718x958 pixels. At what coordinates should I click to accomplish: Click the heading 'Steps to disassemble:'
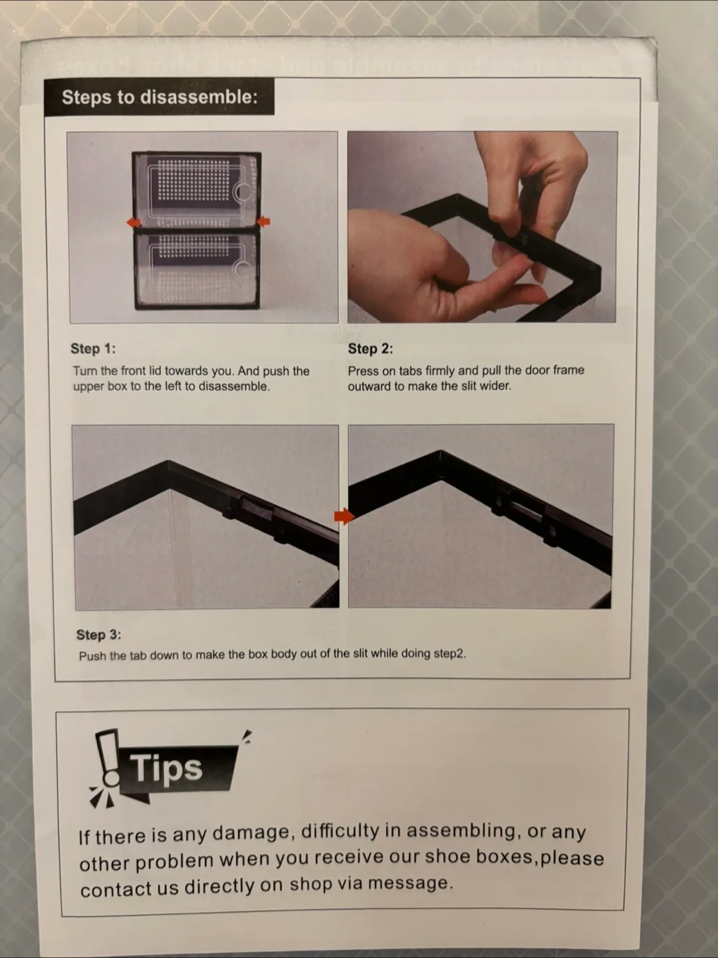pyautogui.click(x=160, y=97)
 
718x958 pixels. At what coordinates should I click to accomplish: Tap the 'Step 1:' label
pyautogui.click(x=93, y=349)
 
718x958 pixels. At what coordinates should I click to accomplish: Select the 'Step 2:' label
pyautogui.click(x=370, y=349)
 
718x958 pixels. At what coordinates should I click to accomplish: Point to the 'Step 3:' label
pyautogui.click(x=99, y=635)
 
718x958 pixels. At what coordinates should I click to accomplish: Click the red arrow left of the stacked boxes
pyautogui.click(x=134, y=223)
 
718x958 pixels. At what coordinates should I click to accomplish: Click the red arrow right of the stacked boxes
pyautogui.click(x=263, y=222)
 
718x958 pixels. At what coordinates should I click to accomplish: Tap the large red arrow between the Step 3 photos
pyautogui.click(x=344, y=516)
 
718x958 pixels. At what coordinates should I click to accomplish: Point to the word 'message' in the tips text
pyautogui.click(x=410, y=883)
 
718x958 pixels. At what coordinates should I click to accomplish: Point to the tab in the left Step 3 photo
pyautogui.click(x=257, y=508)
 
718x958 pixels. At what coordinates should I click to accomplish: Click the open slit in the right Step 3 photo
pyautogui.click(x=526, y=511)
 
